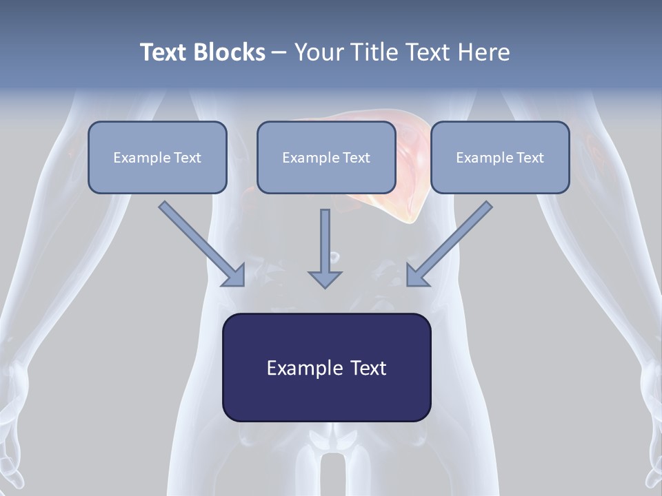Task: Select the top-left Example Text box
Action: coord(157,157)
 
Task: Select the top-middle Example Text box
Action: coord(326,157)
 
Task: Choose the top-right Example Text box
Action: coord(500,157)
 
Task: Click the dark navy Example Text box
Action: coord(326,367)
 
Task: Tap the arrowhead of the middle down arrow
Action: coord(325,278)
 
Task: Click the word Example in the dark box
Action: coord(296,368)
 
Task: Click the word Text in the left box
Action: coord(188,158)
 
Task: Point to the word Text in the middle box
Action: coord(357,158)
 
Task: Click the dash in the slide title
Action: coord(279,52)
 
